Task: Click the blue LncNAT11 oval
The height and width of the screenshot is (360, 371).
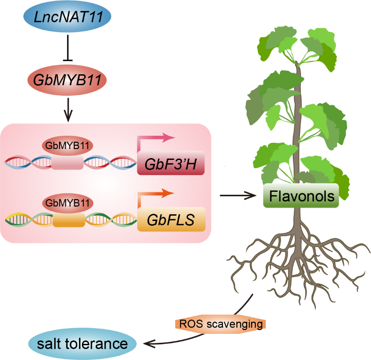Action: click(66, 20)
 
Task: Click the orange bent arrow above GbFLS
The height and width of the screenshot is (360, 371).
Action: click(157, 194)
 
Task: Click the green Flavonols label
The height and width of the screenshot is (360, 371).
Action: click(301, 195)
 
